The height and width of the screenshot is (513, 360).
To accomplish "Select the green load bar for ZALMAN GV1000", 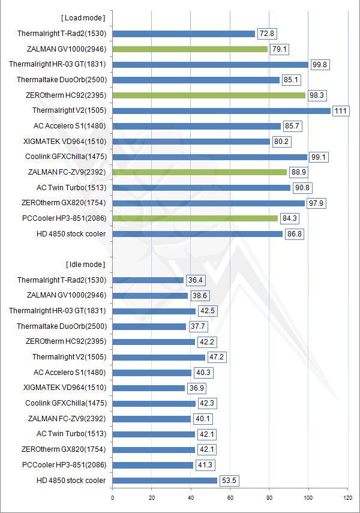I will [190, 49].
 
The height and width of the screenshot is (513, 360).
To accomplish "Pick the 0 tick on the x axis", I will [112, 497].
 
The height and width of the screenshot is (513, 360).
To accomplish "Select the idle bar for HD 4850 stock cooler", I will [164, 481].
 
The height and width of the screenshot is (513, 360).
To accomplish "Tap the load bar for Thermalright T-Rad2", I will [184, 34].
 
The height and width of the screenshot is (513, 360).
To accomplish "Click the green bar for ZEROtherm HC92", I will [209, 95].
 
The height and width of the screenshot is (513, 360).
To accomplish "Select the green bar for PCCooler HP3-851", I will [195, 218].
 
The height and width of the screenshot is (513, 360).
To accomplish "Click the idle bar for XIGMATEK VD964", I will [148, 388].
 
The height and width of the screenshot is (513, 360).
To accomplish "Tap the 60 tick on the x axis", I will [230, 497].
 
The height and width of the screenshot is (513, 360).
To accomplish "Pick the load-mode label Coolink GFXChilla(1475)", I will [65, 157].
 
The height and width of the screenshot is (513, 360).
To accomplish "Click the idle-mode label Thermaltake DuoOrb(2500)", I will [61, 326].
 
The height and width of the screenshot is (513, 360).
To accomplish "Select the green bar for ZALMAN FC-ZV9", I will [199, 172].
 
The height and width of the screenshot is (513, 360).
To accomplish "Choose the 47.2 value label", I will [217, 358].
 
